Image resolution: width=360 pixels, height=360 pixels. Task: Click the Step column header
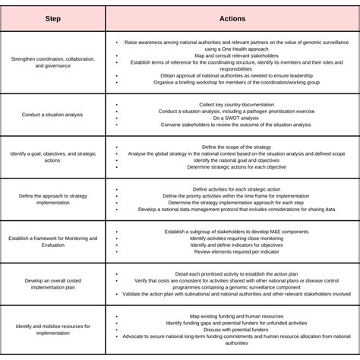[53, 17]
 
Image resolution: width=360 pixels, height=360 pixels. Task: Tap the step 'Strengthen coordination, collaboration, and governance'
[53, 62]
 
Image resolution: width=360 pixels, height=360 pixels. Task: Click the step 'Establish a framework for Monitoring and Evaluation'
[53, 242]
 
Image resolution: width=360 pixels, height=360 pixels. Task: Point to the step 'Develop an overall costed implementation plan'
[53, 283]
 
